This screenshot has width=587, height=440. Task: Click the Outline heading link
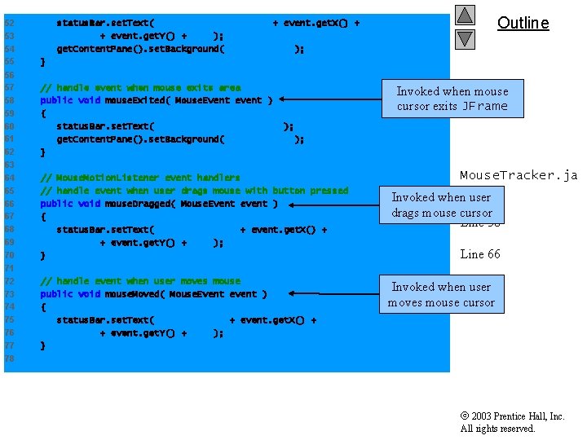[523, 23]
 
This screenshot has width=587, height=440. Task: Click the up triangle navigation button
[465, 15]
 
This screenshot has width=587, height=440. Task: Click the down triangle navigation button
[465, 37]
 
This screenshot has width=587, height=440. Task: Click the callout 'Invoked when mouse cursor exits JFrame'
[452, 99]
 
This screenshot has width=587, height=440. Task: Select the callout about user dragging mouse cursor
[442, 205]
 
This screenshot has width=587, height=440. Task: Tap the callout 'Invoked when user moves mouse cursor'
[442, 294]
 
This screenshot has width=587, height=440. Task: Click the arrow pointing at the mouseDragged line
[331, 204]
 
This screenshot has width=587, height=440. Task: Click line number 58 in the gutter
[9, 100]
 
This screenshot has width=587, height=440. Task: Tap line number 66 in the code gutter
[9, 204]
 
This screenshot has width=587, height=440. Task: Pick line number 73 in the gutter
[9, 294]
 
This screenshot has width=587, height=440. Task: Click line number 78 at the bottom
[9, 359]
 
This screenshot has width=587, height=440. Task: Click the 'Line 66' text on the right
[480, 254]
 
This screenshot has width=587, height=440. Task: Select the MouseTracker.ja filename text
[519, 175]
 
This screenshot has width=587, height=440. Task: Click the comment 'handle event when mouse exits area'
[140, 87]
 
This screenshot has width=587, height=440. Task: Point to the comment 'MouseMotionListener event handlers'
[140, 178]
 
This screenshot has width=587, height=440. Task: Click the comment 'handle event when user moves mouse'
[140, 281]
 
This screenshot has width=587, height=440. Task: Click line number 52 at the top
[9, 23]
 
